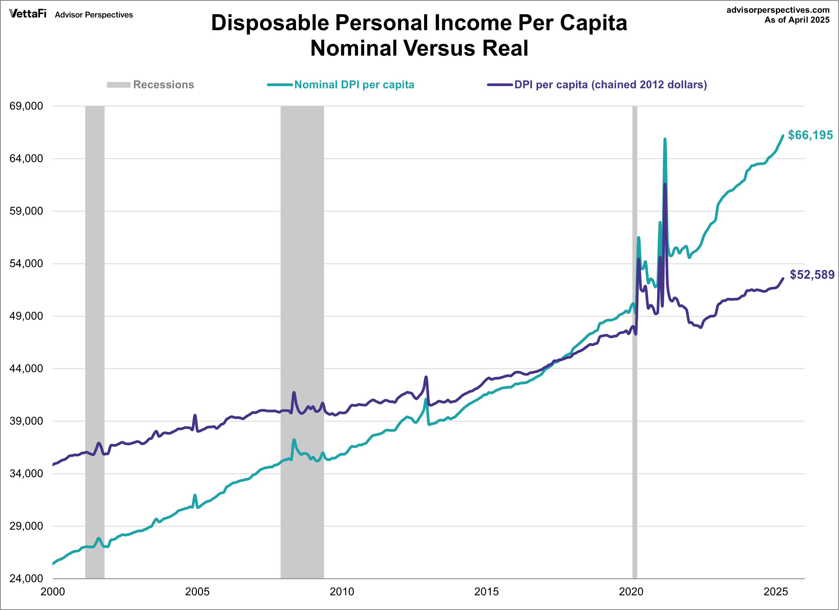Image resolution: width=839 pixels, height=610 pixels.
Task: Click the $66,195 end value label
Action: point(810,135)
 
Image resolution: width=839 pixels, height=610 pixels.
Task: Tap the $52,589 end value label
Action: point(812,275)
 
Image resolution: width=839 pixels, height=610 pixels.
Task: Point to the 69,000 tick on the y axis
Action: point(26,106)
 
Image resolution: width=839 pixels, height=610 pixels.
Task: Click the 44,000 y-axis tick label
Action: point(26,369)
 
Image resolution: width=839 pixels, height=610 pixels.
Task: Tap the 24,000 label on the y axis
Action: point(26,579)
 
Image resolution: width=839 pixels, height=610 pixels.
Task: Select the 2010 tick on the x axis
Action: point(342,591)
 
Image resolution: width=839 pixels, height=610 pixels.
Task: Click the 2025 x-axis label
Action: point(776,591)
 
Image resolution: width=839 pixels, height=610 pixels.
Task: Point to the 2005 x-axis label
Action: point(197,591)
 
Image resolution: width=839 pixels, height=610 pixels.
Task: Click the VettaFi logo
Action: point(28,14)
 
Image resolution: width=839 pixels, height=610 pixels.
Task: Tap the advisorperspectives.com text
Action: point(778,10)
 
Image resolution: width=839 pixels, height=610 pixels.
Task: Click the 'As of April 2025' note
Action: point(797,20)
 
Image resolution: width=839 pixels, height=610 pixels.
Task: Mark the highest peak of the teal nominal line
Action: point(665,139)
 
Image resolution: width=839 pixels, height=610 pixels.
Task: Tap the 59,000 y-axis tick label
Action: point(26,211)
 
